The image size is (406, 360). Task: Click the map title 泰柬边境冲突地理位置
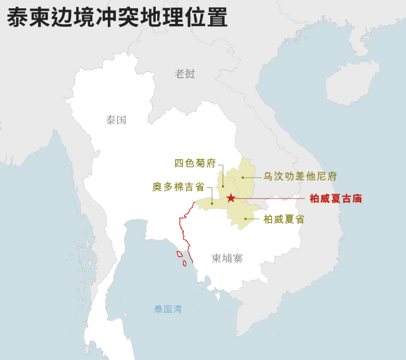click(117, 17)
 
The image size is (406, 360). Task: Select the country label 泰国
click(116, 120)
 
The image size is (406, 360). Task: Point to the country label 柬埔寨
click(227, 258)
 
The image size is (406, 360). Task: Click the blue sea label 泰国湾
click(167, 309)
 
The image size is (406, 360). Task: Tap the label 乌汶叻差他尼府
click(300, 176)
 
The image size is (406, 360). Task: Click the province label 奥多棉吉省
click(178, 187)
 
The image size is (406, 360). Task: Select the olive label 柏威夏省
click(284, 219)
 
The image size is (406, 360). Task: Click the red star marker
click(231, 198)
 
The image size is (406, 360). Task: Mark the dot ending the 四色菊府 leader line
click(222, 186)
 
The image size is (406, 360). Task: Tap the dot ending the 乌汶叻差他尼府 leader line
click(243, 178)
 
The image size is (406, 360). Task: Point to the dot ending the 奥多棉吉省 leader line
click(212, 204)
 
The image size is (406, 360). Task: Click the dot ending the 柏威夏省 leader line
click(245, 219)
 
